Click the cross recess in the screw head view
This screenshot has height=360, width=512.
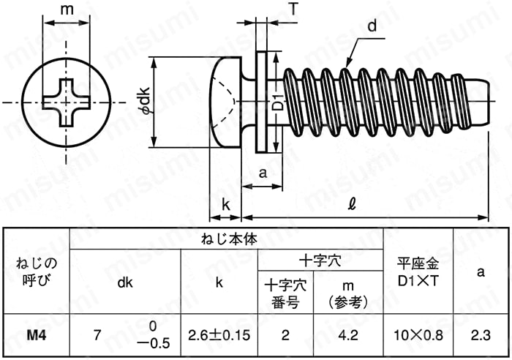coord(67,102)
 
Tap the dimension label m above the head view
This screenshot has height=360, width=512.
coord(67,10)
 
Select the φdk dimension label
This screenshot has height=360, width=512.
coord(144,101)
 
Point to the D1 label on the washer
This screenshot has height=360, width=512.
coord(277,101)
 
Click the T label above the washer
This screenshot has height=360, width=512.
coord(293,9)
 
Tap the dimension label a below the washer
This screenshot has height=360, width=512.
coord(263,173)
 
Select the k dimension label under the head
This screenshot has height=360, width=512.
coord(225,205)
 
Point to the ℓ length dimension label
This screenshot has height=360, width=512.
coord(352,205)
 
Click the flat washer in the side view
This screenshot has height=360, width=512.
coord(261,102)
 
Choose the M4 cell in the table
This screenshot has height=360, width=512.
coord(37,335)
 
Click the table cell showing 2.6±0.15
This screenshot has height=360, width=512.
coord(219,335)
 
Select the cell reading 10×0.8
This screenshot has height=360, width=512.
coord(418,335)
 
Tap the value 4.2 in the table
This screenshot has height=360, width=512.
coord(348,335)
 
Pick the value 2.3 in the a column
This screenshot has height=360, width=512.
coord(481,335)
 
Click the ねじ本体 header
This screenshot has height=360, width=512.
coord(229,239)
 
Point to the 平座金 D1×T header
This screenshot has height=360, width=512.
coord(418,271)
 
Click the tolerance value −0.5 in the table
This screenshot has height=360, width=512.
coord(154,343)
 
